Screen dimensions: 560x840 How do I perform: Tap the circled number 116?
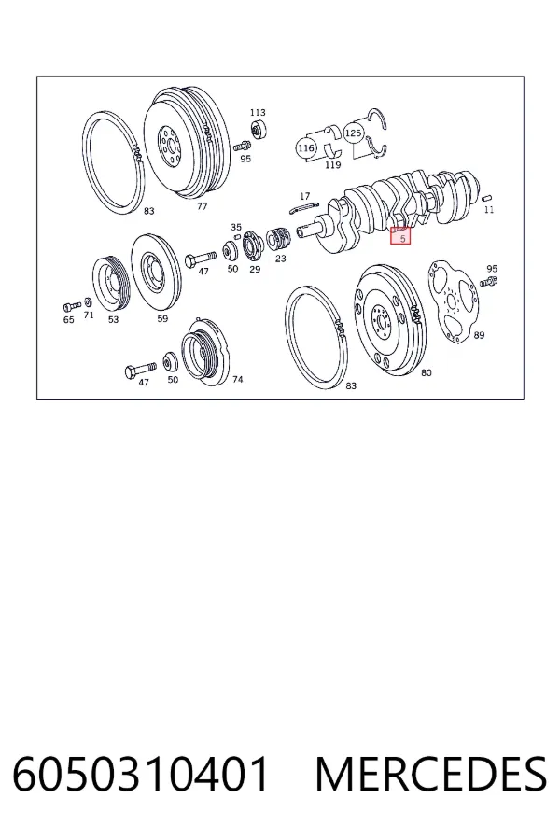306,147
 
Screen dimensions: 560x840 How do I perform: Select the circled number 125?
353,133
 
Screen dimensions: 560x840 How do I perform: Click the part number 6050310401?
140,774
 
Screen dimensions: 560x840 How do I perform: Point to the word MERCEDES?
431,774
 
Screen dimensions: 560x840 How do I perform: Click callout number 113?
258,113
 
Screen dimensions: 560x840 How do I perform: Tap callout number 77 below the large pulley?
202,206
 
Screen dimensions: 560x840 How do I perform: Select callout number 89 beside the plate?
479,335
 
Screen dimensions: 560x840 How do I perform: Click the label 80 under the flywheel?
426,372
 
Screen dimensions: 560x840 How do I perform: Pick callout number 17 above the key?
305,197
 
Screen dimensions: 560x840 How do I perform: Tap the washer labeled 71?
88,303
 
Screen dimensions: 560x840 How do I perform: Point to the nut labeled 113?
259,130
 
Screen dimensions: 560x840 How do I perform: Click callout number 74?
237,379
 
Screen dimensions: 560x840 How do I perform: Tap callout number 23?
281,259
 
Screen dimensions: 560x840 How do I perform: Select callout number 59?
162,319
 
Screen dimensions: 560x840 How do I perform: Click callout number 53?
113,320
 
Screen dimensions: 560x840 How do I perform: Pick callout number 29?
255,269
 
